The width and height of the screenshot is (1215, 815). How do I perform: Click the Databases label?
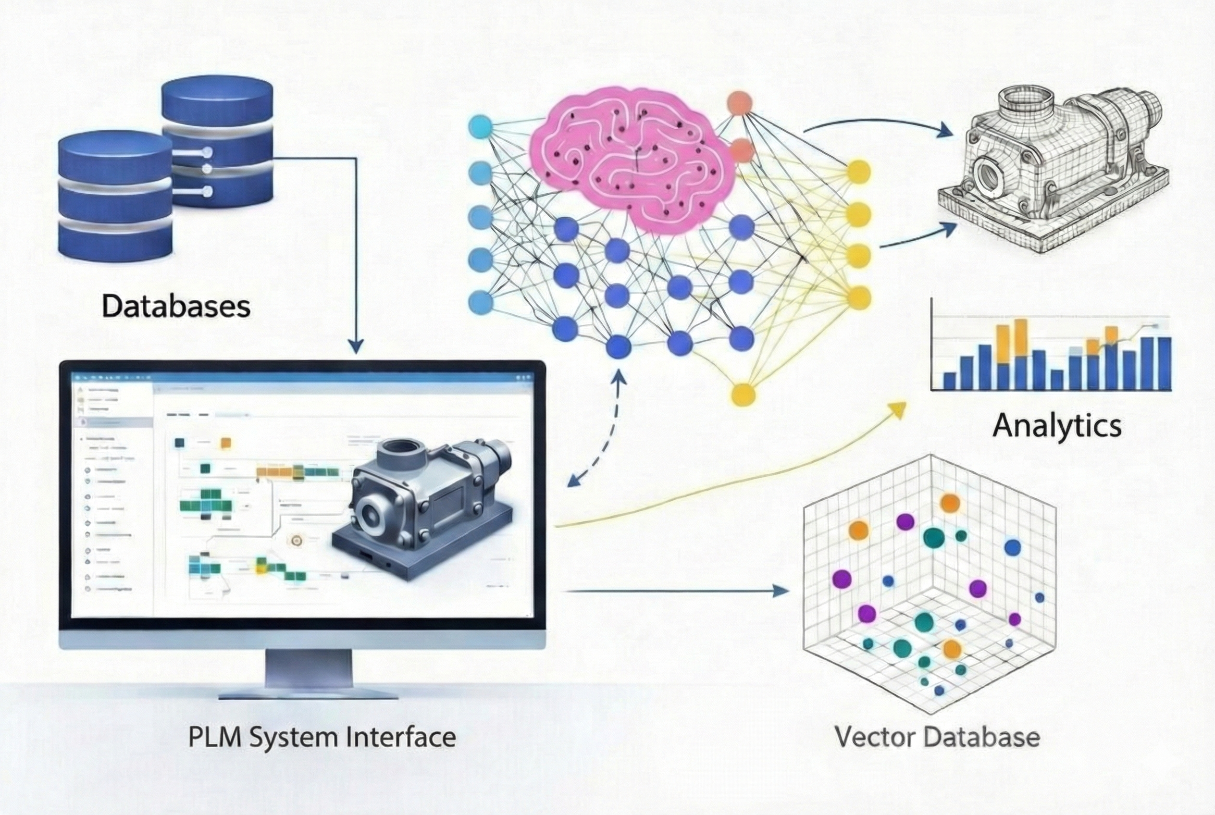pyautogui.click(x=176, y=307)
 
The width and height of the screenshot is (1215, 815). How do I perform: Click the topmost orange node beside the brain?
pyautogui.click(x=739, y=103)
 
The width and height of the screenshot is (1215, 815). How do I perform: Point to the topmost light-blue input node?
pyautogui.click(x=480, y=126)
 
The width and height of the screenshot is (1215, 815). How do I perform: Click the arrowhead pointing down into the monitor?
pyautogui.click(x=356, y=347)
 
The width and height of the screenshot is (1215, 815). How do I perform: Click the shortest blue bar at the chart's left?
pyautogui.click(x=949, y=381)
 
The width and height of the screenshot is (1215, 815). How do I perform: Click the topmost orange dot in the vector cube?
pyautogui.click(x=949, y=503)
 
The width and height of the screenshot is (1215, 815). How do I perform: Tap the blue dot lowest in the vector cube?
pyautogui.click(x=939, y=691)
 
